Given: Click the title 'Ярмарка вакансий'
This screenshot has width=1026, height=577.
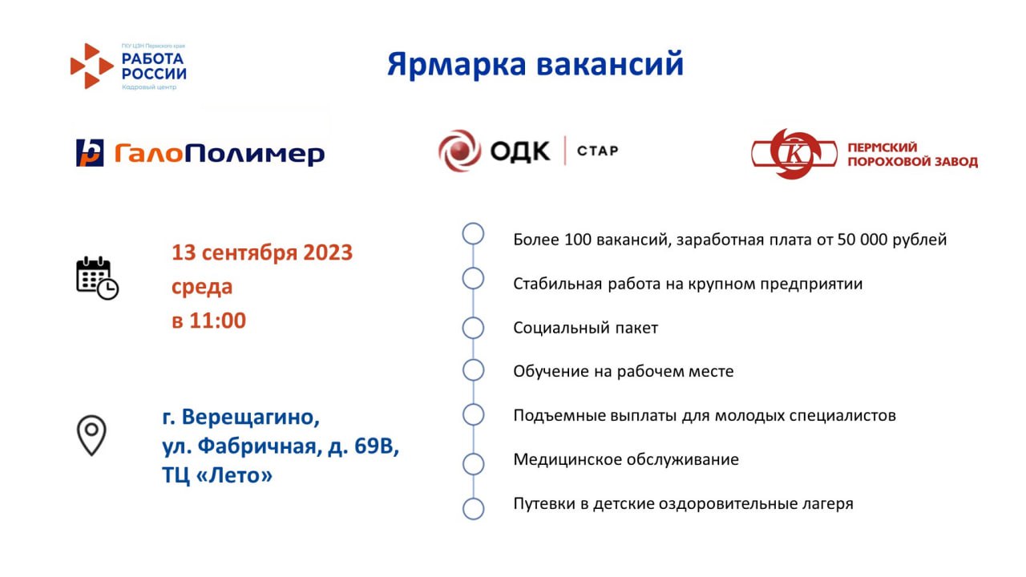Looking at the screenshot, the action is (x=535, y=63).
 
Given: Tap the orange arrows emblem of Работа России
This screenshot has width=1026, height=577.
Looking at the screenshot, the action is (x=91, y=66).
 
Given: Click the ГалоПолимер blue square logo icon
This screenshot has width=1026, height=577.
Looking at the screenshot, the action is (x=90, y=152).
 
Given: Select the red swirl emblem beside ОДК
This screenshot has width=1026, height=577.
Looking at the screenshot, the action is (x=459, y=151).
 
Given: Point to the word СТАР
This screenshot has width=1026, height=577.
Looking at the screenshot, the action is (x=598, y=151).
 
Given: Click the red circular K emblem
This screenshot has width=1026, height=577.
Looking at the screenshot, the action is (x=794, y=154).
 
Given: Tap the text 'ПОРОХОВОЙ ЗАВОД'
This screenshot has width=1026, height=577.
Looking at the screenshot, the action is (x=912, y=162).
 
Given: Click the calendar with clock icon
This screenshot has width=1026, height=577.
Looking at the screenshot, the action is (x=97, y=278).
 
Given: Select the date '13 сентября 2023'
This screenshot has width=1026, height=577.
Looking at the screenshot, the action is (x=262, y=252).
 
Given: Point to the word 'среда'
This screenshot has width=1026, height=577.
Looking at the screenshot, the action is (x=202, y=287).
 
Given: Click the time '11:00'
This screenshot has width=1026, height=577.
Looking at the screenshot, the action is (x=217, y=321).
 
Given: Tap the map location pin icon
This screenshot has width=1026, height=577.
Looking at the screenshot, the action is (x=91, y=435).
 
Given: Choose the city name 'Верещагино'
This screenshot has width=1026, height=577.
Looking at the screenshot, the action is (x=251, y=418).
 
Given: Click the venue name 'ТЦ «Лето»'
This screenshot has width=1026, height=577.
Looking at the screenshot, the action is (x=217, y=475).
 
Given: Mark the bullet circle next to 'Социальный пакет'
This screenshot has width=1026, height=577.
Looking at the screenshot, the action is (x=473, y=328).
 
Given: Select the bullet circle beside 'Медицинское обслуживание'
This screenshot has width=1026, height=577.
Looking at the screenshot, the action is (x=473, y=464).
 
